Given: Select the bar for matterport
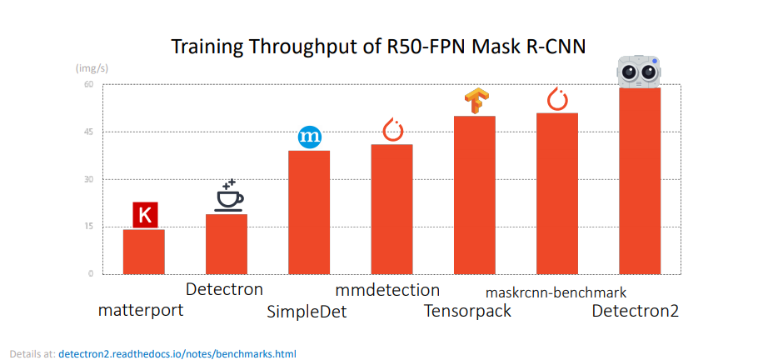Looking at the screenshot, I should [144, 252].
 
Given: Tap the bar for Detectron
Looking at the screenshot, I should [227, 244].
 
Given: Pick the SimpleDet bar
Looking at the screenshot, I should [309, 212].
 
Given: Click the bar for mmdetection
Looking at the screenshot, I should [391, 209].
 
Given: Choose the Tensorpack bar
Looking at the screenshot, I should [475, 195].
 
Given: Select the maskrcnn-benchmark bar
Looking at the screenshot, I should [557, 193].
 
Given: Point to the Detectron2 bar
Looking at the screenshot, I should [640, 181].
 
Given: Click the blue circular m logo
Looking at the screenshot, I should [310, 137].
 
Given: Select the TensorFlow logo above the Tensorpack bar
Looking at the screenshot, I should [475, 101].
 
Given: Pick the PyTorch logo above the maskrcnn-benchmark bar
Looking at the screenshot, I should [556, 99].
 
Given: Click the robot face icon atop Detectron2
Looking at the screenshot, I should [639, 72].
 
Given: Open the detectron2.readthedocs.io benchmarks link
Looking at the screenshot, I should [177, 353].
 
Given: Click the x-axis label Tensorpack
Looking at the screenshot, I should [467, 312].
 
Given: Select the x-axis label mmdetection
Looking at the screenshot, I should [387, 290].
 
